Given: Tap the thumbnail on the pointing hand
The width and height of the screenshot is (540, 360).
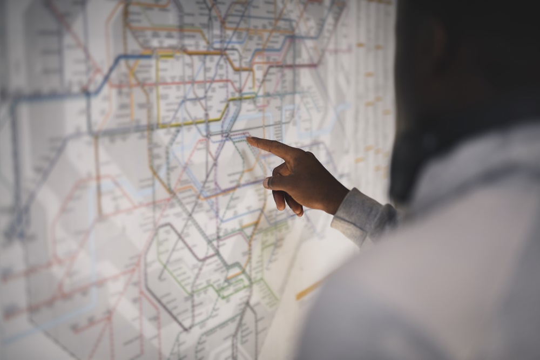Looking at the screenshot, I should [x=267, y=184].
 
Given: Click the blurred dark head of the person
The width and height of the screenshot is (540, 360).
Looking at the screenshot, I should [x=464, y=81].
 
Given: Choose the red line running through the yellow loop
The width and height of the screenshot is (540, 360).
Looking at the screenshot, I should [x=184, y=84].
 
